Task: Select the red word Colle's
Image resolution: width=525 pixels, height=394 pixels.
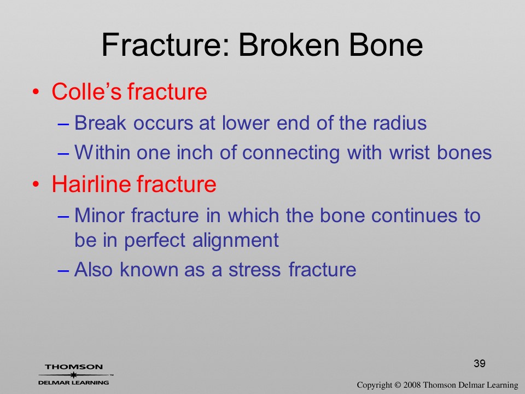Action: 86,91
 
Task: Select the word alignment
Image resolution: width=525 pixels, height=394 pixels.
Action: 235,241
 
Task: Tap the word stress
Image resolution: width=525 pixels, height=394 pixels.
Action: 254,270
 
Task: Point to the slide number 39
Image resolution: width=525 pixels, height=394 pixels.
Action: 480,363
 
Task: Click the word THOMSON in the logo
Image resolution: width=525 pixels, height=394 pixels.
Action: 74,367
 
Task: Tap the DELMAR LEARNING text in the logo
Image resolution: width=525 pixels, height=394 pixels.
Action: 74,383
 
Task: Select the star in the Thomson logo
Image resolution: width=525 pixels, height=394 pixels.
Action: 73,375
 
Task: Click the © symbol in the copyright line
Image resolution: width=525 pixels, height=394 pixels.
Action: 398,385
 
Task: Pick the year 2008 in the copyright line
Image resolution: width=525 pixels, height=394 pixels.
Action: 411,385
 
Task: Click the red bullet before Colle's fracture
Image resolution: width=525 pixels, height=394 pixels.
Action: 36,91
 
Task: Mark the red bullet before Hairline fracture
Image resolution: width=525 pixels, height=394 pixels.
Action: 36,184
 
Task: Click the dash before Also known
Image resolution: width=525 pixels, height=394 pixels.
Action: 63,271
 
